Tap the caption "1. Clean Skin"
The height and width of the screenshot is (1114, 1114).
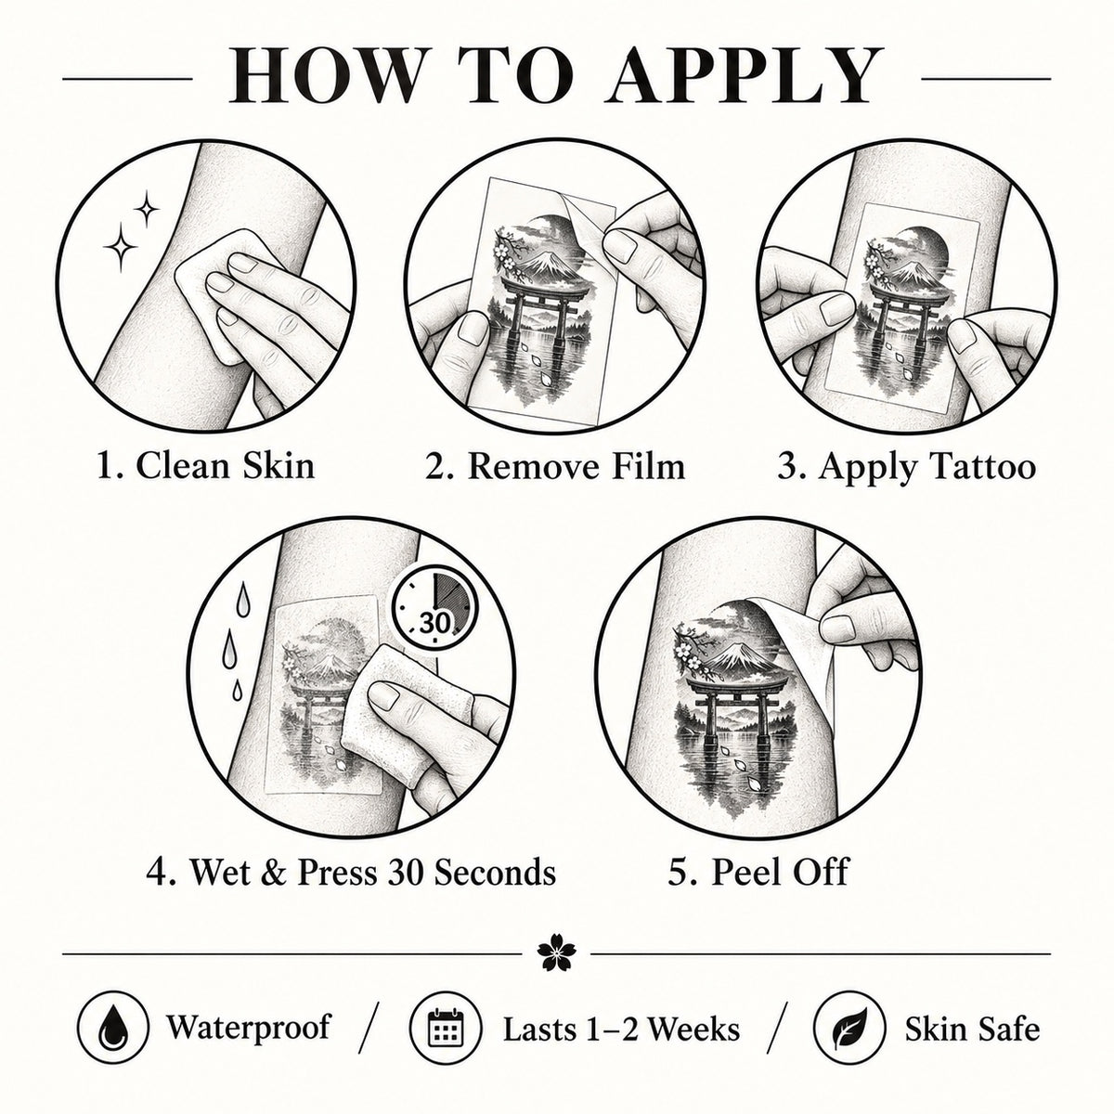coord(206,465)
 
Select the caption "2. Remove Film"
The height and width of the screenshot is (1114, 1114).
coord(555,465)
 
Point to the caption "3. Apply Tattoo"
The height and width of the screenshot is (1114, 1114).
coord(906,465)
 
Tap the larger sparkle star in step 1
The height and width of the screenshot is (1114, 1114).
coord(121,247)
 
